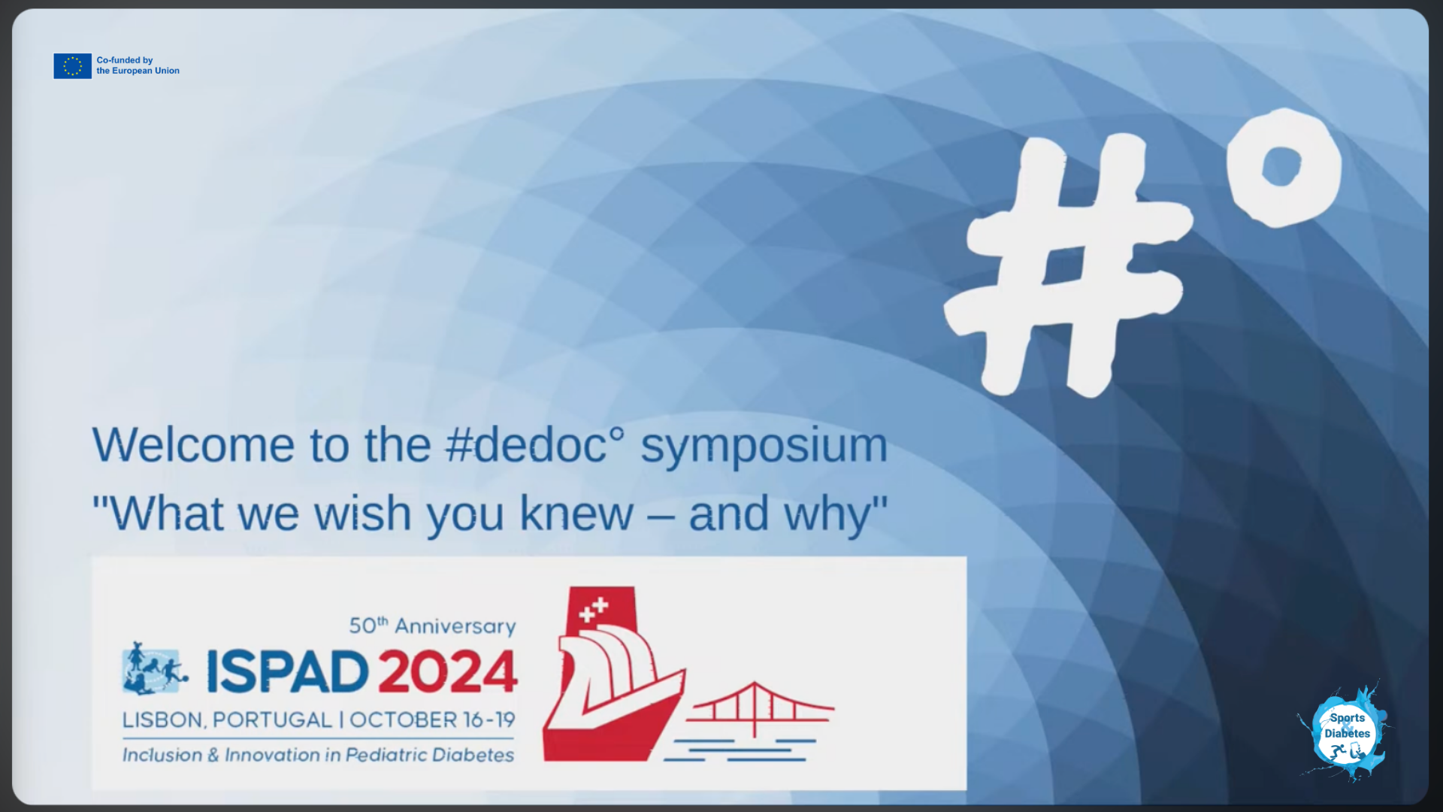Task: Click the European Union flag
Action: (72, 66)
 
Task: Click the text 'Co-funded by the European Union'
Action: (138, 65)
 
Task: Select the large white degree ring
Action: (1284, 167)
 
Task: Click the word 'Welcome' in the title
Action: (193, 445)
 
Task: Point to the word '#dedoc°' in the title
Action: (534, 445)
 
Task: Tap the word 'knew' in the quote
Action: (576, 514)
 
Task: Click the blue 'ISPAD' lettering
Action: (288, 671)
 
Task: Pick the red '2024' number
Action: (448, 671)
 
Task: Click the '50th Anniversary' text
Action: (433, 626)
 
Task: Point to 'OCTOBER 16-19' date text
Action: (432, 720)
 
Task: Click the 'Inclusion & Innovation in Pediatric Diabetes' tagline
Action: (319, 755)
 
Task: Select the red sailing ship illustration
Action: (613, 674)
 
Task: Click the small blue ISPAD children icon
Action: (155, 668)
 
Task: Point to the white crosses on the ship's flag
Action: (594, 610)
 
